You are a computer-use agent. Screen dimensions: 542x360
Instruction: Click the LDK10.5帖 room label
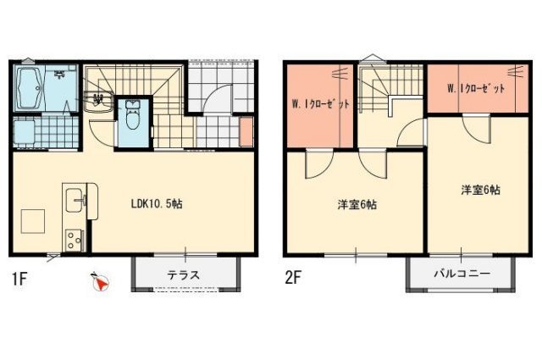pyautogui.click(x=157, y=204)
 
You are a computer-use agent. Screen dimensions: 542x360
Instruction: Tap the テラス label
pyautogui.click(x=183, y=275)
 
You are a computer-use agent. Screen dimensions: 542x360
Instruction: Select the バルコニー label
pyautogui.click(x=462, y=274)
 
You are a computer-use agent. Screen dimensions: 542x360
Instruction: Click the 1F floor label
pyautogui.click(x=19, y=279)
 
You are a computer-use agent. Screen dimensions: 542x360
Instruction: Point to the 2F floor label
pyautogui.click(x=293, y=277)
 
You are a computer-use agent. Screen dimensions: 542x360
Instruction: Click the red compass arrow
pyautogui.click(x=102, y=285)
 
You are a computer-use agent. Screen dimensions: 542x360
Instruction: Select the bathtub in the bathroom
pyautogui.click(x=29, y=88)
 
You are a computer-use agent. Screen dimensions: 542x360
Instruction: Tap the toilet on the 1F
pyautogui.click(x=132, y=115)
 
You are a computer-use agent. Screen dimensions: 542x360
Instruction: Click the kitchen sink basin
pyautogui.click(x=74, y=200)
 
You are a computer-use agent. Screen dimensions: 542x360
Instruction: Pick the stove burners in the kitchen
pyautogui.click(x=75, y=240)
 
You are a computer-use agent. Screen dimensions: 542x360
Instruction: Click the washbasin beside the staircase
pyautogui.click(x=98, y=102)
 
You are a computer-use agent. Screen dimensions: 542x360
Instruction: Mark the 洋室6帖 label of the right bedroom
pyautogui.click(x=480, y=190)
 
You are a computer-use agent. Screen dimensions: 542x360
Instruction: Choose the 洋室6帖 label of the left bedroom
pyautogui.click(x=357, y=205)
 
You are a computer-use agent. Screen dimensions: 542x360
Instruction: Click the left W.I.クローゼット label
pyautogui.click(x=320, y=103)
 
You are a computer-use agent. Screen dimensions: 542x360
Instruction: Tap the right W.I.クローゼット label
pyautogui.click(x=476, y=89)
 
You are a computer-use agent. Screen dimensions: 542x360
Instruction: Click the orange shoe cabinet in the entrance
pyautogui.click(x=246, y=132)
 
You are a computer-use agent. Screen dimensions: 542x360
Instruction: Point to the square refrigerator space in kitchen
pyautogui.click(x=33, y=221)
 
